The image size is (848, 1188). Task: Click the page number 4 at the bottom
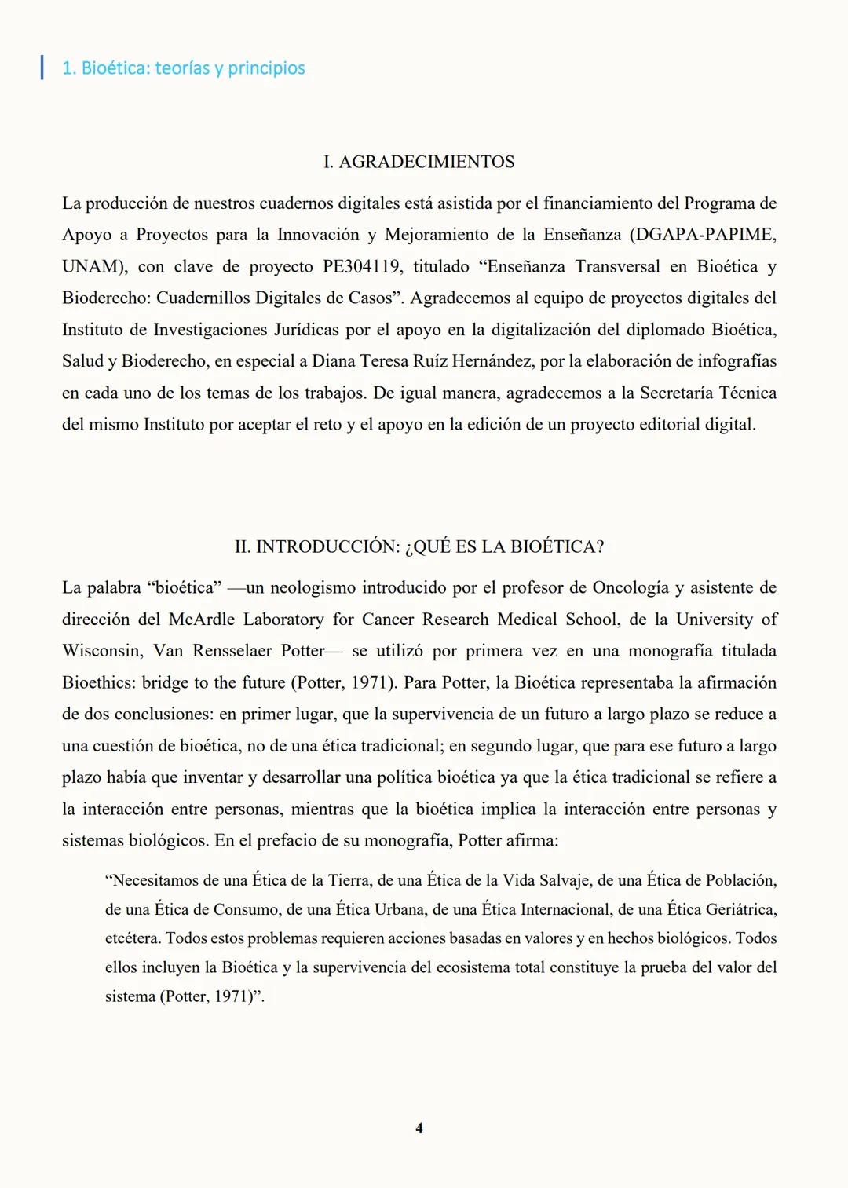[x=419, y=1128]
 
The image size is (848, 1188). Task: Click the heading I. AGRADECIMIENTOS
[x=419, y=162]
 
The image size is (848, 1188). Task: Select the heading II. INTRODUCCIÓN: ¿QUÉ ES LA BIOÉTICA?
[x=419, y=546]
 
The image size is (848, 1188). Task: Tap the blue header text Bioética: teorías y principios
[x=184, y=68]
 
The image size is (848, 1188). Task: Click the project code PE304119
[x=361, y=266]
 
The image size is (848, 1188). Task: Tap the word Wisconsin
[x=102, y=651]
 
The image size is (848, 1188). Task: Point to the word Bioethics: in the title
[x=99, y=682]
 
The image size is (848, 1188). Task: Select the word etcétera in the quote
[x=133, y=938]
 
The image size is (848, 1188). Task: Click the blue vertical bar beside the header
[x=42, y=68]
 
